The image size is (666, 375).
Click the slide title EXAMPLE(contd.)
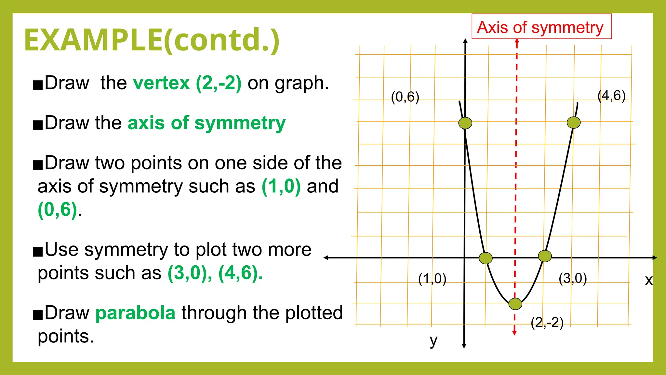tap(152, 40)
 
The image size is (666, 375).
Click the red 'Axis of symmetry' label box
tap(541, 27)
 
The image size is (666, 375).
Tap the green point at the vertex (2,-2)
tap(515, 304)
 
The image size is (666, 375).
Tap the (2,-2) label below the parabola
tap(547, 322)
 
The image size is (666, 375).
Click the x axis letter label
tap(649, 280)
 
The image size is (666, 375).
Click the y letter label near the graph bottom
tap(433, 341)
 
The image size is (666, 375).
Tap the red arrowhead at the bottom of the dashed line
tap(514, 333)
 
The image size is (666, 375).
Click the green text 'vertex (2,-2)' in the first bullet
tap(187, 83)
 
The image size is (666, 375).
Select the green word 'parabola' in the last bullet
tap(135, 313)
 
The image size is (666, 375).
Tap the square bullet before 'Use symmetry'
tap(38, 252)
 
